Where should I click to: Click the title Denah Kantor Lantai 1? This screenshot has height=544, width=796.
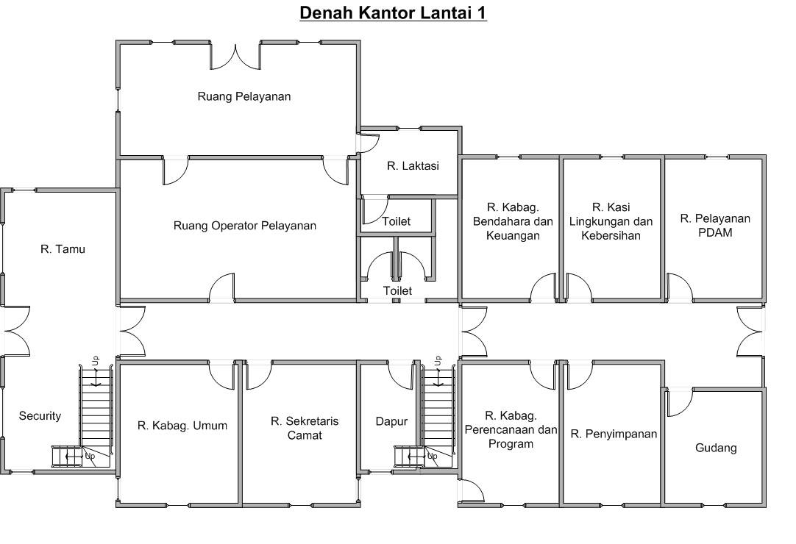[393, 12]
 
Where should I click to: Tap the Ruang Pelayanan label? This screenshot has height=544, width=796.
[244, 96]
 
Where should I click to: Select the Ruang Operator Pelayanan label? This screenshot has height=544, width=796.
[245, 226]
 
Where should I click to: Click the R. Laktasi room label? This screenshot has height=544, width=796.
[413, 166]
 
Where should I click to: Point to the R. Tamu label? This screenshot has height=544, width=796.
[63, 249]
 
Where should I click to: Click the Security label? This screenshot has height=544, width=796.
[40, 416]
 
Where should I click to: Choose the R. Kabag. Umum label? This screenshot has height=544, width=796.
[182, 426]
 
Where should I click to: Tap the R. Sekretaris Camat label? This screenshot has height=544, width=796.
[305, 429]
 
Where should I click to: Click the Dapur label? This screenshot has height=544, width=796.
[391, 422]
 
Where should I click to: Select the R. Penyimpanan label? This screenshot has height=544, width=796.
[614, 434]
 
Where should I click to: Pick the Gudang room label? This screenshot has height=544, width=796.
[716, 448]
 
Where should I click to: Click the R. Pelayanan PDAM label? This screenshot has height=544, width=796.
[715, 226]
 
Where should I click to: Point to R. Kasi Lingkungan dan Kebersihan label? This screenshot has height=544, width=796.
[611, 221]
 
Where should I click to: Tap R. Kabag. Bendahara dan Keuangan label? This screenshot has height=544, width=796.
[513, 221]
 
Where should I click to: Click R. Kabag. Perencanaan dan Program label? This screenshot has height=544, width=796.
[511, 430]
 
